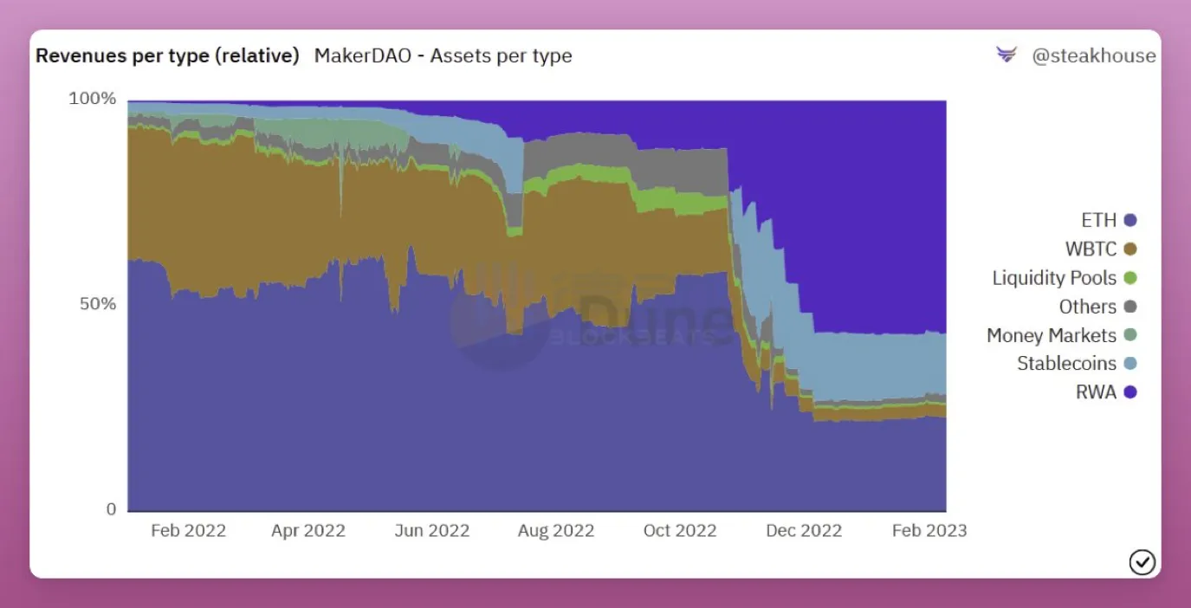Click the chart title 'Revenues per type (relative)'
click(167, 56)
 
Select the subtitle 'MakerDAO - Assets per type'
click(443, 56)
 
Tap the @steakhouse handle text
click(1093, 56)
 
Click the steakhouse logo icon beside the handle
click(1007, 55)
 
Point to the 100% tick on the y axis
click(92, 99)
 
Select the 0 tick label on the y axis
click(111, 509)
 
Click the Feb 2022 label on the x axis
click(188, 531)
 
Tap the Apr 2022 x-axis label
click(308, 531)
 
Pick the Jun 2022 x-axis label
click(431, 531)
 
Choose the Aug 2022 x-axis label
click(555, 531)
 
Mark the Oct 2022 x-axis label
click(679, 531)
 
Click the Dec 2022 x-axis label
click(803, 531)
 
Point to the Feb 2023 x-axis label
click(929, 531)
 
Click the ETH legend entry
click(1108, 221)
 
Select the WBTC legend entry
click(1099, 249)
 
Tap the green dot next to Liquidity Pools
click(1130, 278)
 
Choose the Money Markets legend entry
click(1060, 335)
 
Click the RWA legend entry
click(1104, 392)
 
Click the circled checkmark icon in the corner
click(1142, 562)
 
